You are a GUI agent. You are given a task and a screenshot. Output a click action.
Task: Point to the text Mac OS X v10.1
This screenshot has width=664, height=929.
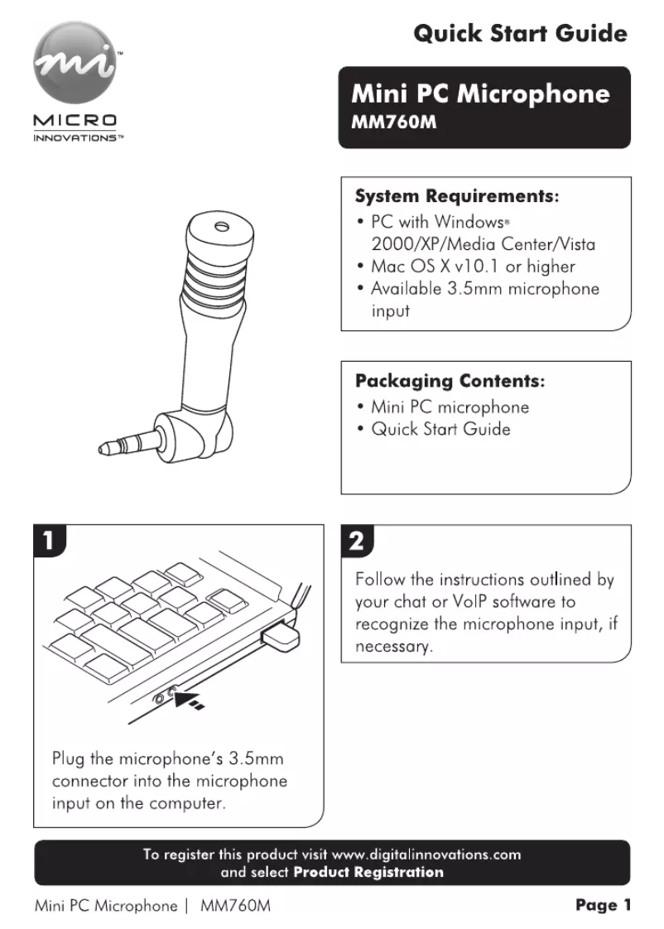point(438,267)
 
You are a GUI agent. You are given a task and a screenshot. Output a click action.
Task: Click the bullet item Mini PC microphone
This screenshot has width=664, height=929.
point(450,407)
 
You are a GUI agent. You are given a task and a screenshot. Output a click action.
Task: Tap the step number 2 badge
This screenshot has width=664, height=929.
point(356,542)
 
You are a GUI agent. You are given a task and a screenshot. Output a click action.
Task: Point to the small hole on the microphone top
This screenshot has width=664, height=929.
point(219,226)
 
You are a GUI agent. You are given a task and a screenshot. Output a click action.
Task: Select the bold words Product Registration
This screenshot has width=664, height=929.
point(368,872)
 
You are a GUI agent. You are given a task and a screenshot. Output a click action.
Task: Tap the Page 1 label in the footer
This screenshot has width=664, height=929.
point(603,905)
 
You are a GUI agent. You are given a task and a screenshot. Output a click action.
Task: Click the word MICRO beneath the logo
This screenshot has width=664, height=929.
point(75,122)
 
